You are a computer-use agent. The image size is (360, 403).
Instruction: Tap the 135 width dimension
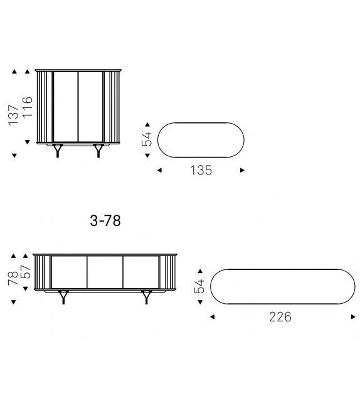(201, 170)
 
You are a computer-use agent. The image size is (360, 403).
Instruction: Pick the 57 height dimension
(27, 272)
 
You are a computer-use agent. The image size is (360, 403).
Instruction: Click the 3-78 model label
(105, 221)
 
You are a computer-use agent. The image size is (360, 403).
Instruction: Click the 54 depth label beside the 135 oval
(148, 138)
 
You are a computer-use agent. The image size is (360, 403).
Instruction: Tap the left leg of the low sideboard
(64, 296)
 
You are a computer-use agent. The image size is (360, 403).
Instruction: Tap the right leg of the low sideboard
(147, 296)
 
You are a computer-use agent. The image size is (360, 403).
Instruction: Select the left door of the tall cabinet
(65, 107)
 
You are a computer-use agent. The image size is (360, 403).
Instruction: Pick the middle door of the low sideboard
(105, 272)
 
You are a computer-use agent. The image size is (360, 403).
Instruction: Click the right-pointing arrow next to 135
(243, 170)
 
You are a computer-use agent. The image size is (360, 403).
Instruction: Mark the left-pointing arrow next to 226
(212, 317)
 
